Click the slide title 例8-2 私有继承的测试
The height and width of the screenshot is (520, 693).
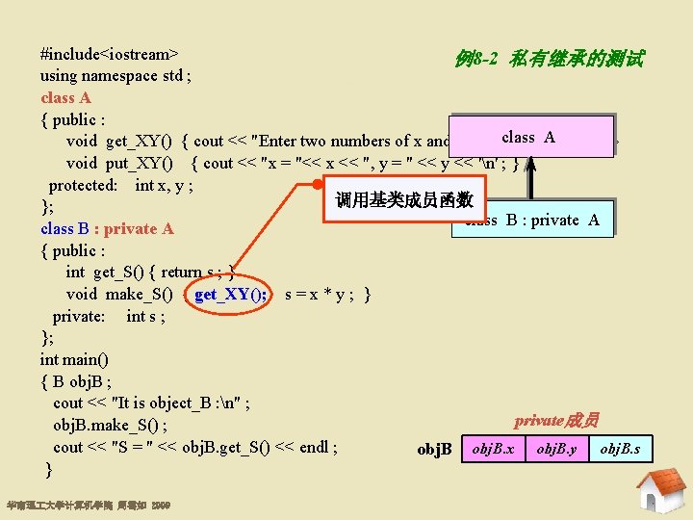click(x=549, y=59)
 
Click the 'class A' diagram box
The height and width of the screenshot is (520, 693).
click(x=529, y=137)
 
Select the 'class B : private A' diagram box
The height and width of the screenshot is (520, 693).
click(x=531, y=221)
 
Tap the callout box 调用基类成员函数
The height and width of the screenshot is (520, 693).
click(x=403, y=199)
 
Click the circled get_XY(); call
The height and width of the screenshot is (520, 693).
click(x=231, y=294)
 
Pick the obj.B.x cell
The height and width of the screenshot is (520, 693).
click(x=495, y=449)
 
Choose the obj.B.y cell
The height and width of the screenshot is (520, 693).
click(x=556, y=449)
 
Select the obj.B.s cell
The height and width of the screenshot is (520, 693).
click(x=619, y=449)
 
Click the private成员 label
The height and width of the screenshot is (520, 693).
click(x=555, y=420)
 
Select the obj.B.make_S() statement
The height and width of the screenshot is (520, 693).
click(x=111, y=425)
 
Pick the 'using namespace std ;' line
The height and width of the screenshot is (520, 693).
click(x=115, y=76)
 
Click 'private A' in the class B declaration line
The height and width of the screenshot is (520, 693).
click(x=139, y=228)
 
